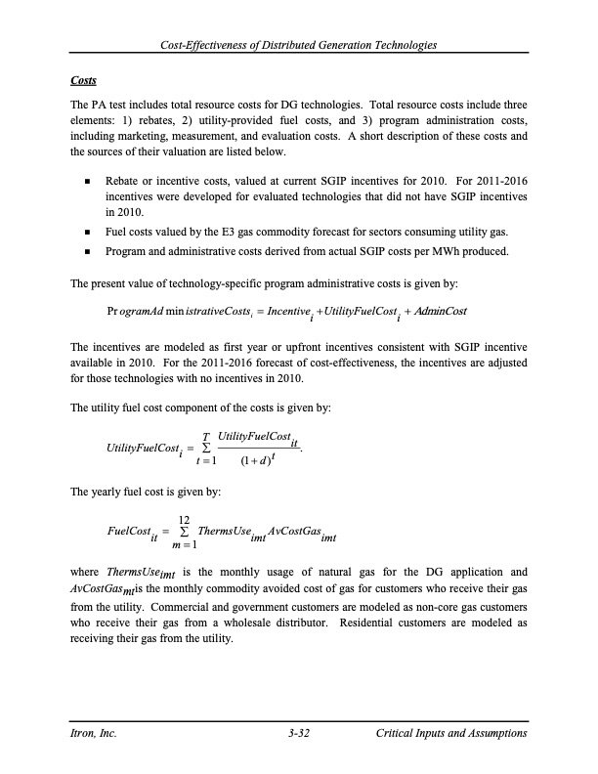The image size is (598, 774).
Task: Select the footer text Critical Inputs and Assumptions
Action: point(451,734)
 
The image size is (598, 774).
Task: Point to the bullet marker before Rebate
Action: point(88,183)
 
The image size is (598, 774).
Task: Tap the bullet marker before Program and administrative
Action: point(88,254)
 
